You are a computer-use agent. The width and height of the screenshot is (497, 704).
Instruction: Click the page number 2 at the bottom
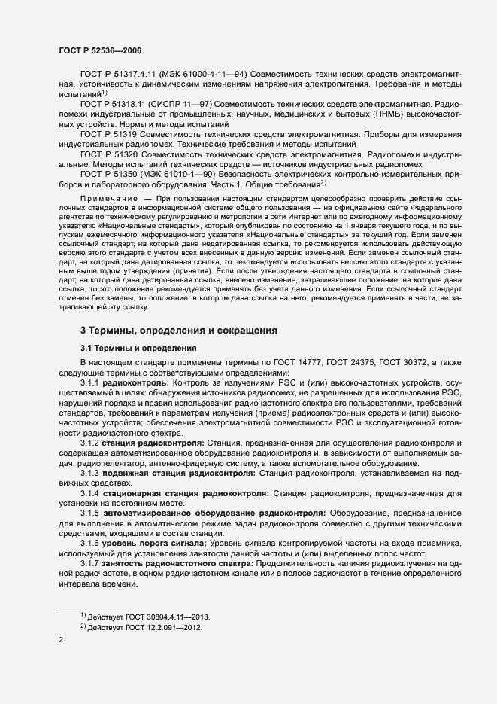(x=61, y=640)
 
